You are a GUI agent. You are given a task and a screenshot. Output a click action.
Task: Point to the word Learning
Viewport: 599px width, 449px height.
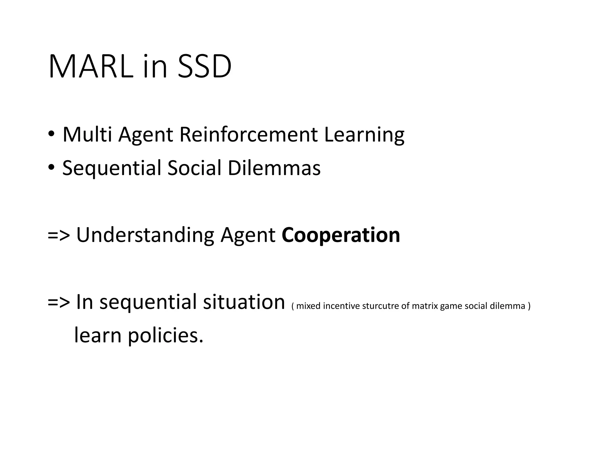tap(364, 135)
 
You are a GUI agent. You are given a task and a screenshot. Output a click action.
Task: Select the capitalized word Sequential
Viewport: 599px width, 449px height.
tap(112, 168)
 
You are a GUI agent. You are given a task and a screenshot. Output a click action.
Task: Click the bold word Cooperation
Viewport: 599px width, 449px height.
tap(341, 235)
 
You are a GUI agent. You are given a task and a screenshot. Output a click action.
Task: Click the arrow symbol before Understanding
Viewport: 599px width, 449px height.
tap(59, 236)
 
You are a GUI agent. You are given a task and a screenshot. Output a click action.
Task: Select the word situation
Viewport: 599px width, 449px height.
tap(244, 302)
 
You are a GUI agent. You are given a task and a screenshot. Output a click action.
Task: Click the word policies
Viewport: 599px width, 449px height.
tap(166, 336)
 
